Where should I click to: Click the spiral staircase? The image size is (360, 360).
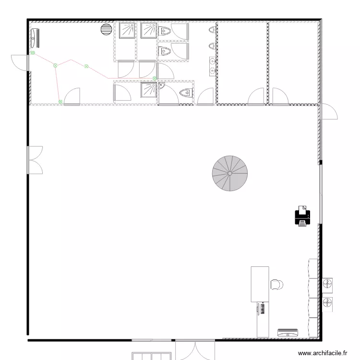tap(230, 172)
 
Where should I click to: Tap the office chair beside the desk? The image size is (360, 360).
tap(276, 285)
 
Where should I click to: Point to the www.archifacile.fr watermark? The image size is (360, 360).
tap(322, 353)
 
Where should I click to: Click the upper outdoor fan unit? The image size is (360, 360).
tap(328, 284)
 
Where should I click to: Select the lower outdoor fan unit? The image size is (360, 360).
tap(328, 303)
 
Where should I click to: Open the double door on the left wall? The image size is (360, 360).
tap(35, 160)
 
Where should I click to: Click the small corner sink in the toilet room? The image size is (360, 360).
tap(162, 86)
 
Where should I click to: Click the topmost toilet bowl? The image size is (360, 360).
tap(165, 31)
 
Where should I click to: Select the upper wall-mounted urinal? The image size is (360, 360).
tap(211, 31)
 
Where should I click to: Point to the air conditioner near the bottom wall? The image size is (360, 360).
tap(288, 332)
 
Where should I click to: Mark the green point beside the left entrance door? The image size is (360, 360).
tap(33, 53)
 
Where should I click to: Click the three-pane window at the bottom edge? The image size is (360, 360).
tap(151, 356)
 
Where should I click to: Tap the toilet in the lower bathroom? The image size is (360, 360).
tap(185, 92)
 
